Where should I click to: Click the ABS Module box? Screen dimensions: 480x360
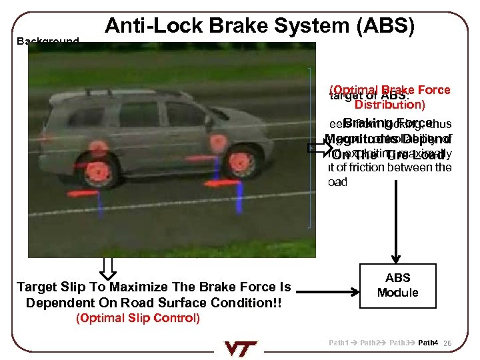[398, 285]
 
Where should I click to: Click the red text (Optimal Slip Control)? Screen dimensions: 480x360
[138, 317]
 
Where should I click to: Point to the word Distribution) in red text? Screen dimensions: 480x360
[390, 105]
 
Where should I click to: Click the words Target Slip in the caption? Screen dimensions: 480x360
[46, 287]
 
